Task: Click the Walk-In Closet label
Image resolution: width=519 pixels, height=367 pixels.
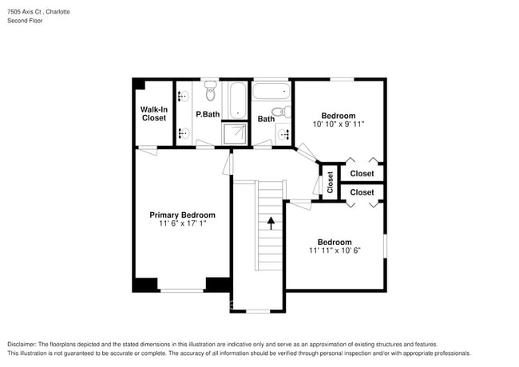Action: tap(153, 113)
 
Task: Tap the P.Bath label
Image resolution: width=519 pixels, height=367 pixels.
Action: tap(208, 114)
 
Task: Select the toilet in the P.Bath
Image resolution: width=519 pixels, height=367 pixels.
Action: tap(211, 94)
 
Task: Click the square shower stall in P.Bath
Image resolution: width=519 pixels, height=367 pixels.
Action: tap(235, 133)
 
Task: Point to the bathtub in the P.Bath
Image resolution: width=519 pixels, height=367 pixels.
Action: tap(237, 100)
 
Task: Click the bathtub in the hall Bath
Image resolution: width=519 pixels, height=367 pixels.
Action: tap(271, 90)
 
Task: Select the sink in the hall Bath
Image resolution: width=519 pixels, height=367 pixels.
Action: tap(283, 133)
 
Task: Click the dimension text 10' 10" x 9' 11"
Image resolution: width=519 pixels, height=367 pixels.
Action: tap(338, 124)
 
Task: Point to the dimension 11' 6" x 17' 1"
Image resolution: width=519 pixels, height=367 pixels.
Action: tap(182, 224)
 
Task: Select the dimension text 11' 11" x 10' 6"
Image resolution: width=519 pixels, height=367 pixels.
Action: tap(334, 251)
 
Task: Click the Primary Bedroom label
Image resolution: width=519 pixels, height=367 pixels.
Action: tap(182, 215)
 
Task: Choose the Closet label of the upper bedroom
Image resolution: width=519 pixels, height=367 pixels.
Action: tap(362, 173)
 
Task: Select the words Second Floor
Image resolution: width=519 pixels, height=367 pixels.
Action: tap(25, 21)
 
